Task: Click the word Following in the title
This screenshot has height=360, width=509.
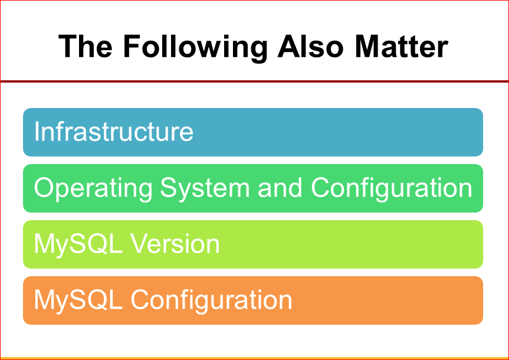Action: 196,48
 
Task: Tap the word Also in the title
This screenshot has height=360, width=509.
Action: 310,47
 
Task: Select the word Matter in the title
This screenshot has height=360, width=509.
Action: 402,47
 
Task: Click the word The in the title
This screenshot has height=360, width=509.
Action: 86,47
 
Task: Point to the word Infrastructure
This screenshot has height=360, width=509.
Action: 114,131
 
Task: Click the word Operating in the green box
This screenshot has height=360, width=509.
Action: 93,189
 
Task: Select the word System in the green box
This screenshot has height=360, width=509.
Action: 205,189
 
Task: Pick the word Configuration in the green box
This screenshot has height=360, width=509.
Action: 392,189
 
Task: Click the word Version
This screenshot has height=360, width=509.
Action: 175,244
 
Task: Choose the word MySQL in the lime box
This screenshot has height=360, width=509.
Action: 78,246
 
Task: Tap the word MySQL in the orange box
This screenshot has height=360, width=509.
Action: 78,301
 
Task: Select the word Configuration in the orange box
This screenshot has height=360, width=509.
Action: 211,301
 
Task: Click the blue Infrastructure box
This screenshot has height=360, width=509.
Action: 253,132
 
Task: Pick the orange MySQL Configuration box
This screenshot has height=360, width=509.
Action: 253,300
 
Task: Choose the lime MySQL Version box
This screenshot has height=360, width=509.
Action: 253,244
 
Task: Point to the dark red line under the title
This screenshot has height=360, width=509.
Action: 255,81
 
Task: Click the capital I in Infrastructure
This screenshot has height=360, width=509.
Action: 37,131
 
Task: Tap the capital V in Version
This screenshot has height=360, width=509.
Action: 140,244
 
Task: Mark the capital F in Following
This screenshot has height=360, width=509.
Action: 133,47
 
